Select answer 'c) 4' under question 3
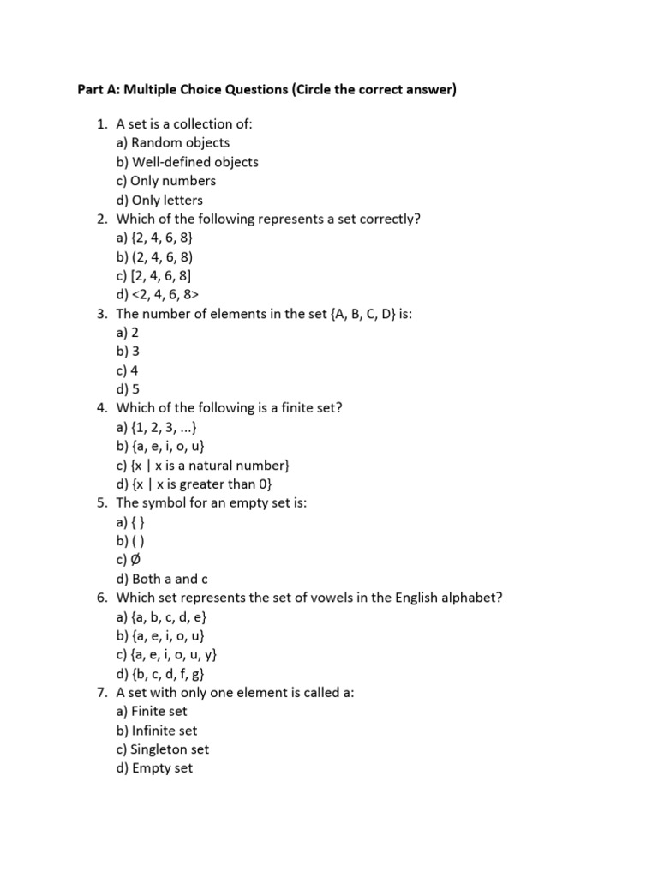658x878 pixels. tap(127, 370)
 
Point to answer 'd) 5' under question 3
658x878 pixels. tap(127, 389)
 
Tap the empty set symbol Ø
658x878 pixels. tap(137, 559)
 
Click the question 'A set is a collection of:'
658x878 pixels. tap(184, 124)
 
